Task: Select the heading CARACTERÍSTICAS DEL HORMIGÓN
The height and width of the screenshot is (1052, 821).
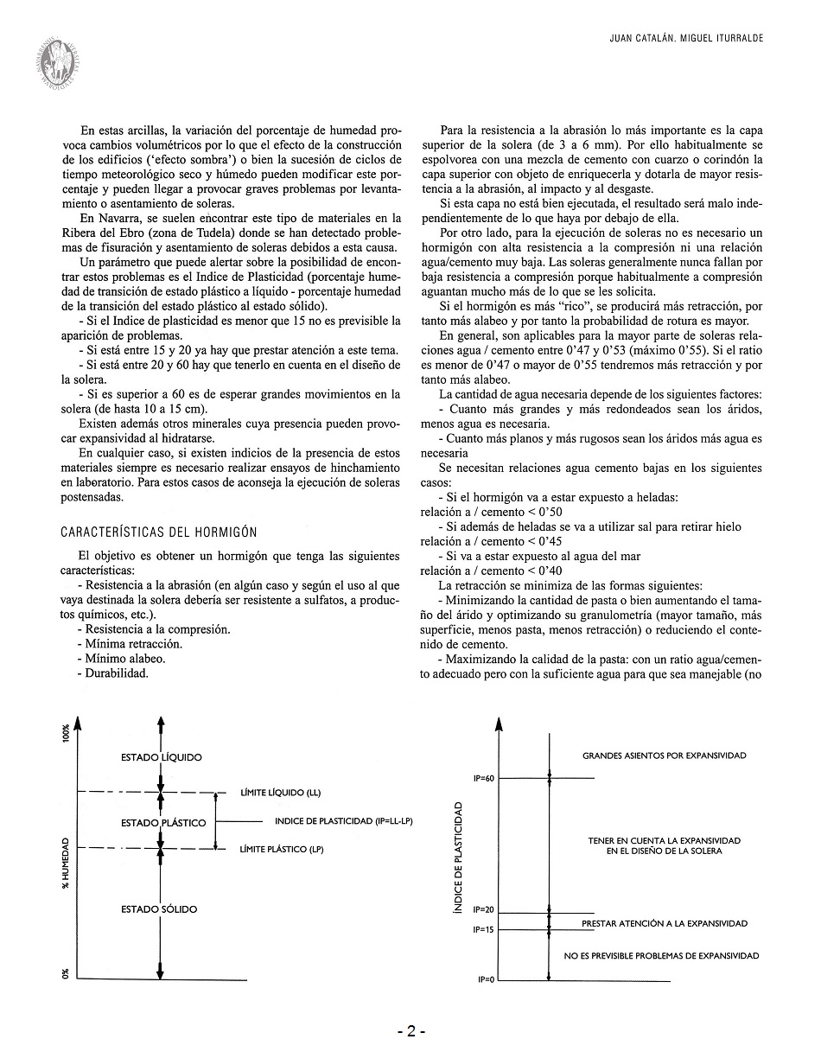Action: click(158, 532)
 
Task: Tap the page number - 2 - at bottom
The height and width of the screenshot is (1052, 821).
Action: click(411, 1030)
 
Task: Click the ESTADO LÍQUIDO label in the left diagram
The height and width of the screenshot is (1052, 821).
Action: click(162, 757)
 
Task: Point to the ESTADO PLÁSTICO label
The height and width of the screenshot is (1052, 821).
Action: click(163, 823)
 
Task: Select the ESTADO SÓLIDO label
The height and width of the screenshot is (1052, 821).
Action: click(159, 909)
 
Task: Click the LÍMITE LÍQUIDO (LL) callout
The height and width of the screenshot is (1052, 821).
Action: click(280, 792)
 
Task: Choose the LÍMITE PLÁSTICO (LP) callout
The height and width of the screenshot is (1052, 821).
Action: click(282, 850)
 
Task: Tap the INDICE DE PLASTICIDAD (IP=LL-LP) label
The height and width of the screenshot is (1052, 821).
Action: click(343, 821)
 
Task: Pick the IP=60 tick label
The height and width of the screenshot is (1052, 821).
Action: click(483, 779)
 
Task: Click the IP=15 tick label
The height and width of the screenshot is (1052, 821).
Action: click(483, 930)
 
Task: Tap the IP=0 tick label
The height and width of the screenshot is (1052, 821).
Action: click(485, 980)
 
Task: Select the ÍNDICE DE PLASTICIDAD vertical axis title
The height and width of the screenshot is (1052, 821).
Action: click(458, 857)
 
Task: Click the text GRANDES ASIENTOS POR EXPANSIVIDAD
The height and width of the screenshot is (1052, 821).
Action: click(664, 756)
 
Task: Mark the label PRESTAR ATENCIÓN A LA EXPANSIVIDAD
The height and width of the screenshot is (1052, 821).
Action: click(664, 923)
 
